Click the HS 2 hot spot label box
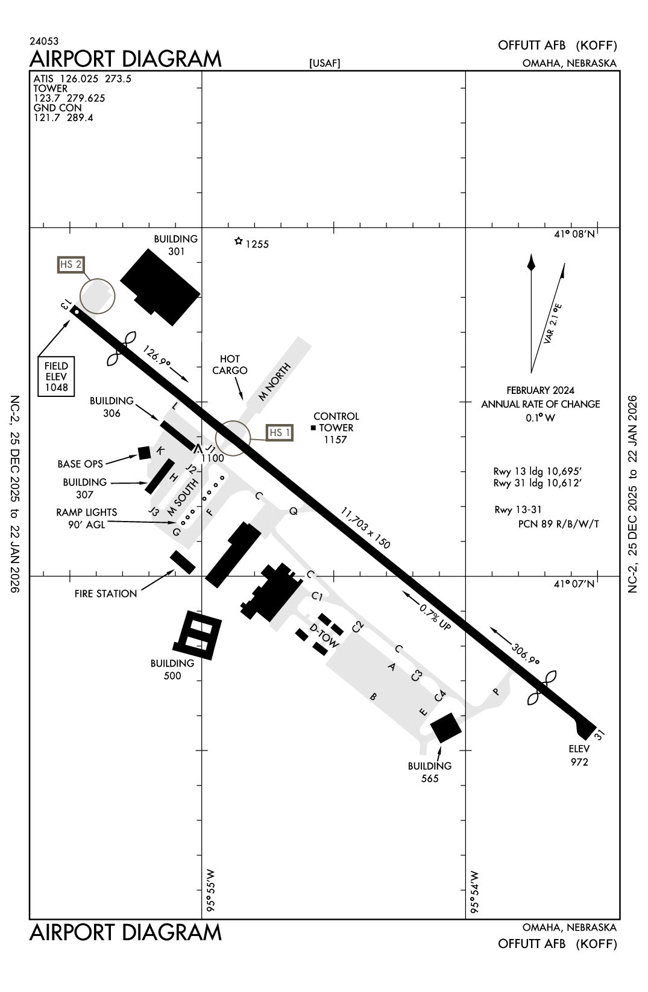pyautogui.click(x=71, y=264)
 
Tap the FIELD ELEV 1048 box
pyautogui.click(x=56, y=376)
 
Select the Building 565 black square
pyautogui.click(x=446, y=728)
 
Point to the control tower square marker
pyautogui.click(x=313, y=428)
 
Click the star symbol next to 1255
pyautogui.click(x=239, y=242)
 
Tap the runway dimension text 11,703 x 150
pyautogui.click(x=365, y=528)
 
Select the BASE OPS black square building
pyautogui.click(x=144, y=452)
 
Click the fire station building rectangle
pyautogui.click(x=183, y=562)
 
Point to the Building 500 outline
pyautogui.click(x=197, y=635)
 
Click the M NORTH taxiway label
pyautogui.click(x=274, y=382)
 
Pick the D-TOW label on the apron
pyautogui.click(x=324, y=636)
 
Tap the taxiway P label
pyautogui.click(x=497, y=691)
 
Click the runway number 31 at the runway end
pyautogui.click(x=599, y=734)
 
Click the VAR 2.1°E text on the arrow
pyautogui.click(x=552, y=324)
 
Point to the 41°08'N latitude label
pyautogui.click(x=574, y=234)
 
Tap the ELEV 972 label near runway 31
pyautogui.click(x=579, y=755)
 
